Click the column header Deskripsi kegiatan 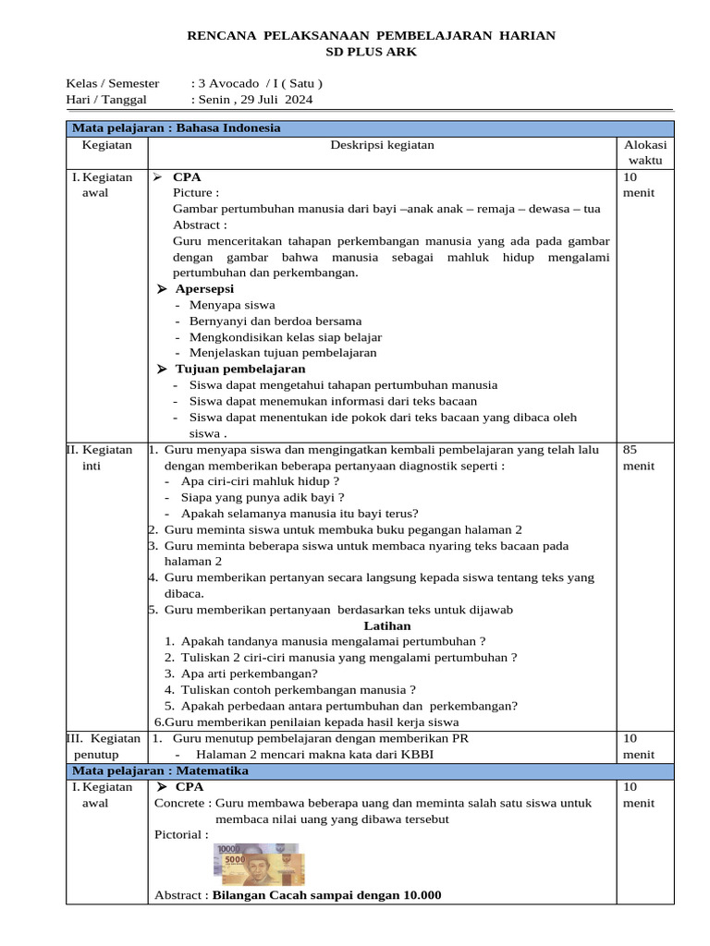[382, 144]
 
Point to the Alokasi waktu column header [645, 152]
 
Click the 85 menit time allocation [638, 458]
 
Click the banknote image [260, 865]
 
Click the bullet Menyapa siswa [232, 305]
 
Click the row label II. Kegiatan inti [101, 458]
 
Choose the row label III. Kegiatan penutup [104, 746]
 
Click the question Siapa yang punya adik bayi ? [263, 497]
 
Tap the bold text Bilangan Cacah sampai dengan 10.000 [327, 894]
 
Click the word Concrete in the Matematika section [178, 803]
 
